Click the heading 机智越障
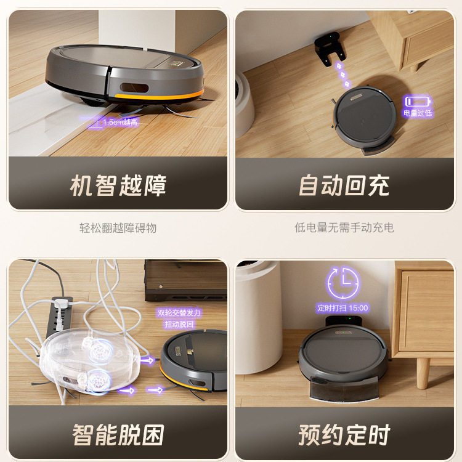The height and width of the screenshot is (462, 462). pyautogui.click(x=118, y=185)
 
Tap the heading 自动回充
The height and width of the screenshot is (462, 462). pyautogui.click(x=344, y=185)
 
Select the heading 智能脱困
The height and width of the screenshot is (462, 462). pyautogui.click(x=118, y=435)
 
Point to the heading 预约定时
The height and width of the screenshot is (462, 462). pyautogui.click(x=344, y=435)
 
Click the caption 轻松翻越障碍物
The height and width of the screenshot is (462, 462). pyautogui.click(x=118, y=228)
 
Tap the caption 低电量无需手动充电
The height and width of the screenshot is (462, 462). pyautogui.click(x=344, y=227)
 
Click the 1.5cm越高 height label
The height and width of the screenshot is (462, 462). pyautogui.click(x=120, y=122)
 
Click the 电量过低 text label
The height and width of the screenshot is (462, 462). pyautogui.click(x=418, y=113)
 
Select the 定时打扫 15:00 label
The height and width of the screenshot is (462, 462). pyautogui.click(x=342, y=308)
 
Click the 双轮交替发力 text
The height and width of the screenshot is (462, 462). pyautogui.click(x=179, y=312)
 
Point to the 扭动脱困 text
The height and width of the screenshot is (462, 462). pyautogui.click(x=179, y=325)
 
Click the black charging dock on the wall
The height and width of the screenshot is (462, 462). pyautogui.click(x=329, y=49)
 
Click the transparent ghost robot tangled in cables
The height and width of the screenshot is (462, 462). pyautogui.click(x=88, y=361)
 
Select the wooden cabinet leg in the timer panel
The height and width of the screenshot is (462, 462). pyautogui.click(x=423, y=373)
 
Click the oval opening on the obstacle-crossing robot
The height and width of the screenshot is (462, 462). pyautogui.click(x=134, y=88)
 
